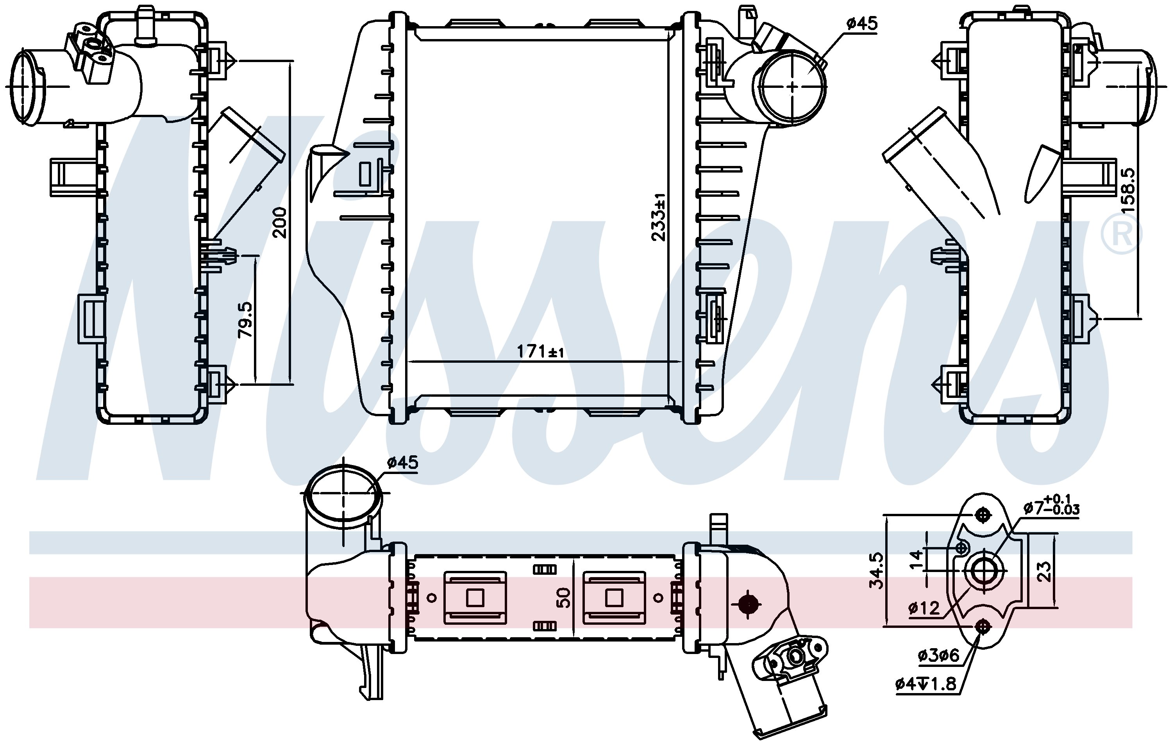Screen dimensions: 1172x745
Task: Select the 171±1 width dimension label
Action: coord(540,351)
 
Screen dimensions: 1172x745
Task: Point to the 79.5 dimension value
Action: coord(245,320)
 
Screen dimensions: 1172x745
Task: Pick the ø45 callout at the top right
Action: coord(861,23)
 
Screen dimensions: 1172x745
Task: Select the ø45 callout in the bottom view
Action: coord(402,462)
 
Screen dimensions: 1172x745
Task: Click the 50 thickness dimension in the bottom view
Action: coord(563,597)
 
